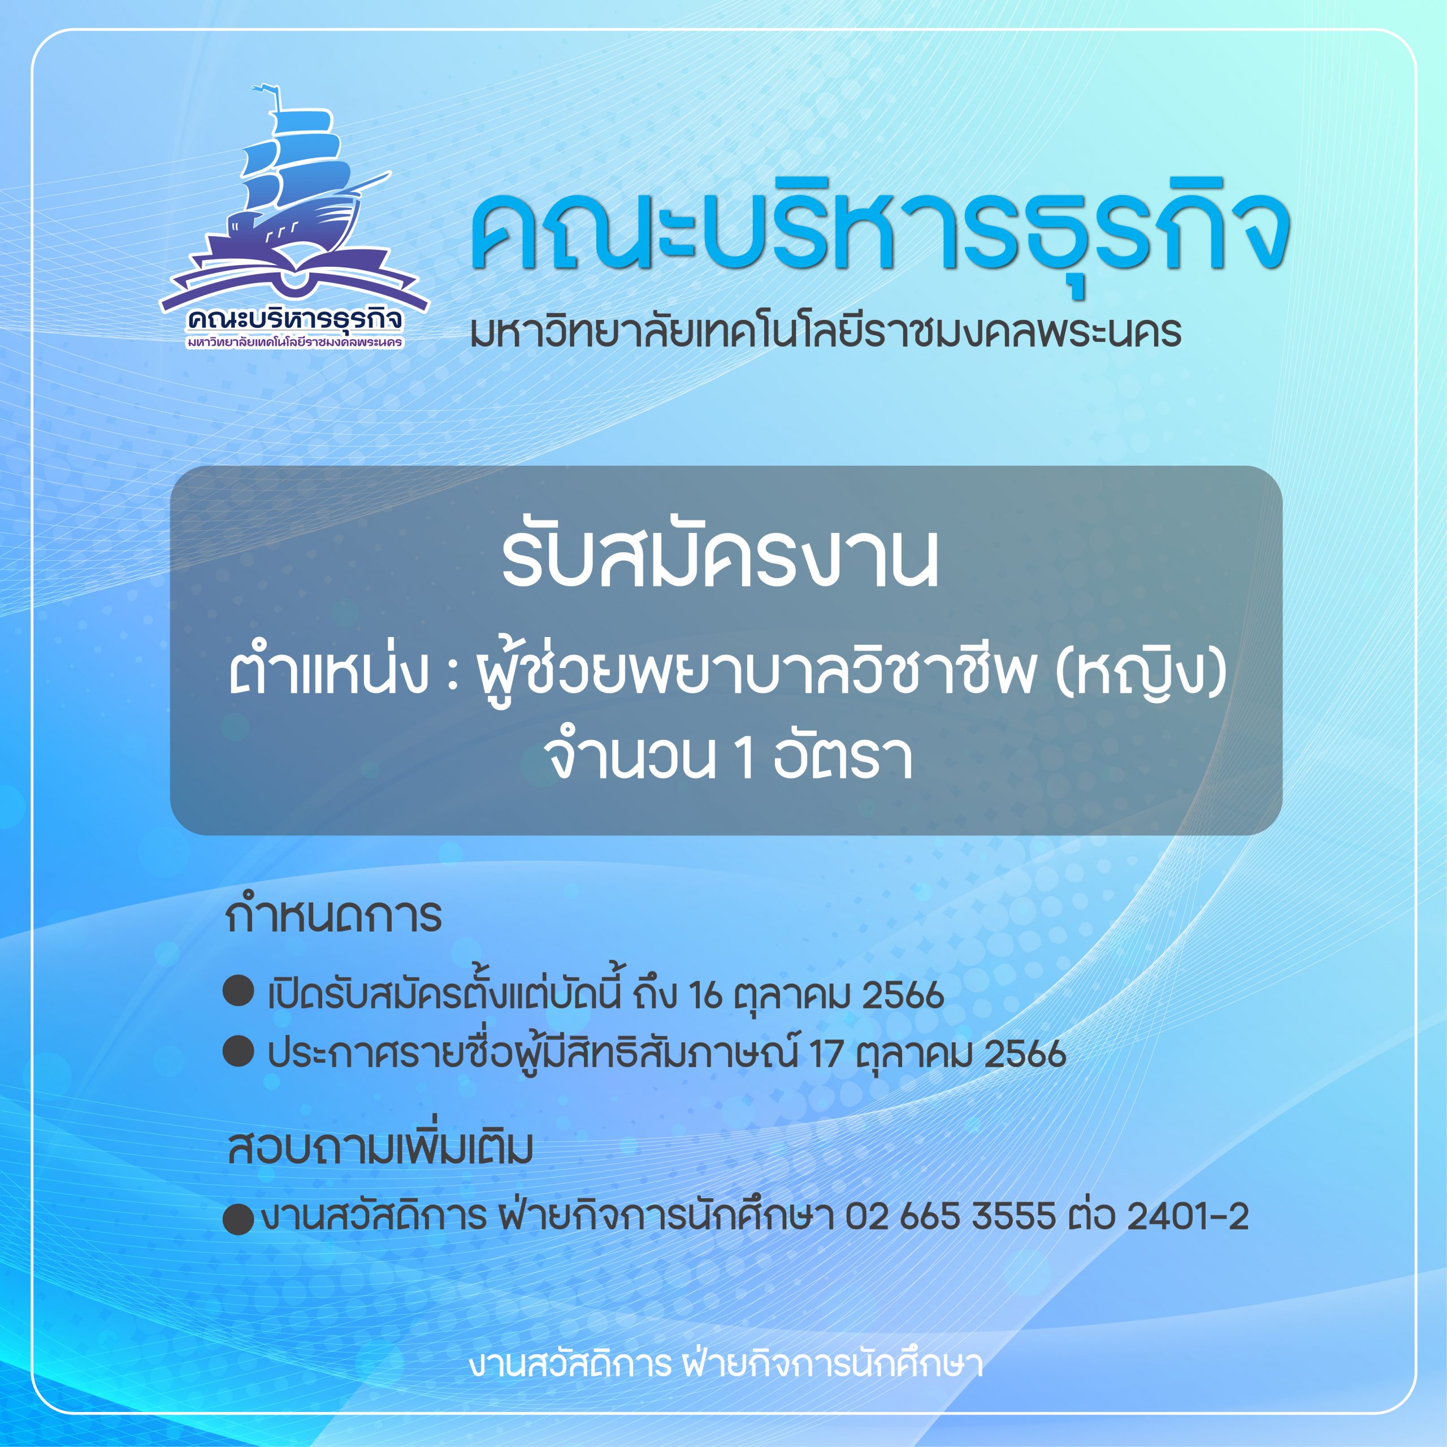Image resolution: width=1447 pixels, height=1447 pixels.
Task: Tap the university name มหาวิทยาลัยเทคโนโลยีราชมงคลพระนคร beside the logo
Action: click(x=825, y=332)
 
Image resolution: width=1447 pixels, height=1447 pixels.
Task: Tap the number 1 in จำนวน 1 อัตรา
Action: click(x=744, y=759)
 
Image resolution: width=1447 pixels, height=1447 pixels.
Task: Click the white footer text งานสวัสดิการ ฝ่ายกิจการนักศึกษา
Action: click(x=726, y=1364)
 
